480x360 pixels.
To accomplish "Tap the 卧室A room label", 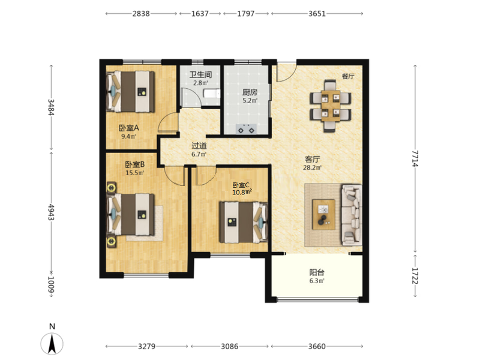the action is (x=129, y=128).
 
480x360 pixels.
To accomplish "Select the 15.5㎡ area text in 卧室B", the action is (x=134, y=173).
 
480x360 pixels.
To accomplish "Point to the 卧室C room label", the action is (x=241, y=185).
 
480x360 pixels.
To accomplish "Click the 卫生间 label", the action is (x=200, y=74).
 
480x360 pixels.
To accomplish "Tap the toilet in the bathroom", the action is (x=212, y=93).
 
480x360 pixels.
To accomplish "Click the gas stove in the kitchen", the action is (x=246, y=129).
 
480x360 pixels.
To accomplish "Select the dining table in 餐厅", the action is (x=331, y=106).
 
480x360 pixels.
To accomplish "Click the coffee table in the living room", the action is (x=323, y=214).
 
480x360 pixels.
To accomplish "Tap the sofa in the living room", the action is (x=352, y=215).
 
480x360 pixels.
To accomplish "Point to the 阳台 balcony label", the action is (x=317, y=272).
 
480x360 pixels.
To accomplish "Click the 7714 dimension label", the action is (x=415, y=158).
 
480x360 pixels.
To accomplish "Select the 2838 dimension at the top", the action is (x=141, y=13).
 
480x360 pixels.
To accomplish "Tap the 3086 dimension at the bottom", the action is (x=230, y=346).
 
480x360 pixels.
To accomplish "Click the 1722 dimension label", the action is (x=415, y=275).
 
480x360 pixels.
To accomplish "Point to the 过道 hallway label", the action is (x=199, y=146).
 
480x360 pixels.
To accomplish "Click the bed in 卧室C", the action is (x=244, y=222).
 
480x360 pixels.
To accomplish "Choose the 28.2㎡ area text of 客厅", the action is (x=312, y=167).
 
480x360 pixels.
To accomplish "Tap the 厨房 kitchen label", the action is (x=250, y=92).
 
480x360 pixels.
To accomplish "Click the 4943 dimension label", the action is (x=51, y=212).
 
